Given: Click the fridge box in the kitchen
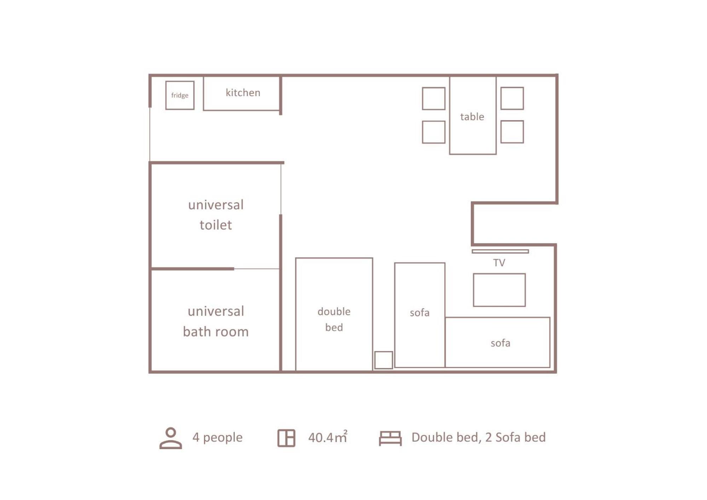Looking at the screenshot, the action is pos(180,95).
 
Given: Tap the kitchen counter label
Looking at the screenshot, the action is pos(243,93).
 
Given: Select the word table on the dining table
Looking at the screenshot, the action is pos(472,117).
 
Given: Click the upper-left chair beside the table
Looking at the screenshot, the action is pos(434,99).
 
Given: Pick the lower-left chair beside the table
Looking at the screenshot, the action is pos(434,132).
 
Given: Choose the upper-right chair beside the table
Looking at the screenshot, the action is pos(512,98).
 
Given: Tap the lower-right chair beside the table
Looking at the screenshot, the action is pos(512,132).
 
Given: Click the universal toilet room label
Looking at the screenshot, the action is pos(216,215).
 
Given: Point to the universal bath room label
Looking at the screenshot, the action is pos(216,321).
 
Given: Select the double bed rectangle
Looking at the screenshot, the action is pos(334,314).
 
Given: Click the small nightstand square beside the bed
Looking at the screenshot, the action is pos(383,360).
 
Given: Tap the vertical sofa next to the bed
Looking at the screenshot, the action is pos(420,315).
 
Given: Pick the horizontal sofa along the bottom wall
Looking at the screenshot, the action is pos(498,342).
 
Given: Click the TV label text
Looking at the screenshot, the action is pos(499,263).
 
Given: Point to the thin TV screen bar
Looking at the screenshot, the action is pos(500,251).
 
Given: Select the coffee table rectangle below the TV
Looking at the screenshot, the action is pos(499,290).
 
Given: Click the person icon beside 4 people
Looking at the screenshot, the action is pos(170,438).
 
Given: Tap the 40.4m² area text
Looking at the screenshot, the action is pos(328,437).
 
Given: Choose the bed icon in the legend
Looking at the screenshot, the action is pos(390,438).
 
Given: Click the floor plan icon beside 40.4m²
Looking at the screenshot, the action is pos(286,438).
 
